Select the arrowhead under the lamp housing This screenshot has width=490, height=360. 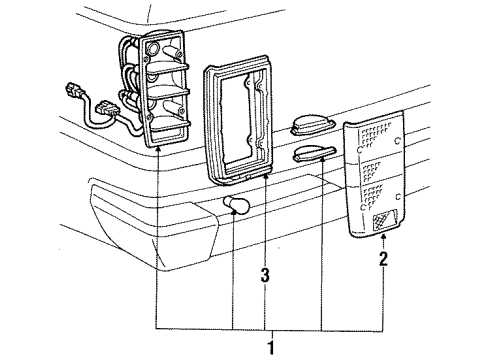(158, 147)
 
